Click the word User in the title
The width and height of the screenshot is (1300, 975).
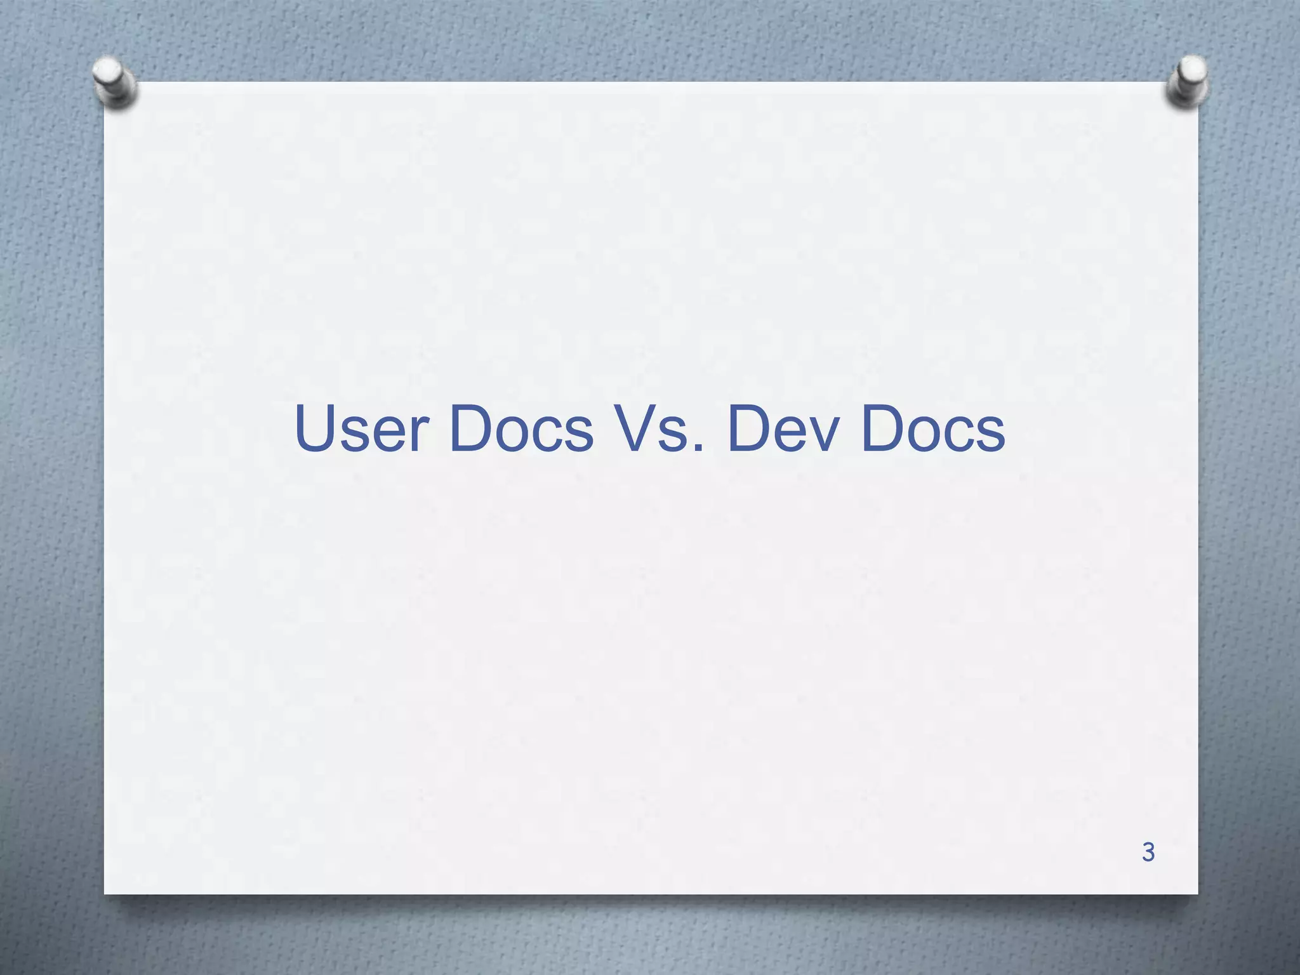tap(361, 429)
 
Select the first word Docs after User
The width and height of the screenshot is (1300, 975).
tap(521, 429)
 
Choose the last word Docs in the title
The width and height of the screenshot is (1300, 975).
tap(933, 429)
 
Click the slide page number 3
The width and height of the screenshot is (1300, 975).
tap(1148, 852)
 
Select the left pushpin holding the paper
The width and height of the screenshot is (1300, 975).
tap(114, 81)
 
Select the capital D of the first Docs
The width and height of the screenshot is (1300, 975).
tap(473, 429)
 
